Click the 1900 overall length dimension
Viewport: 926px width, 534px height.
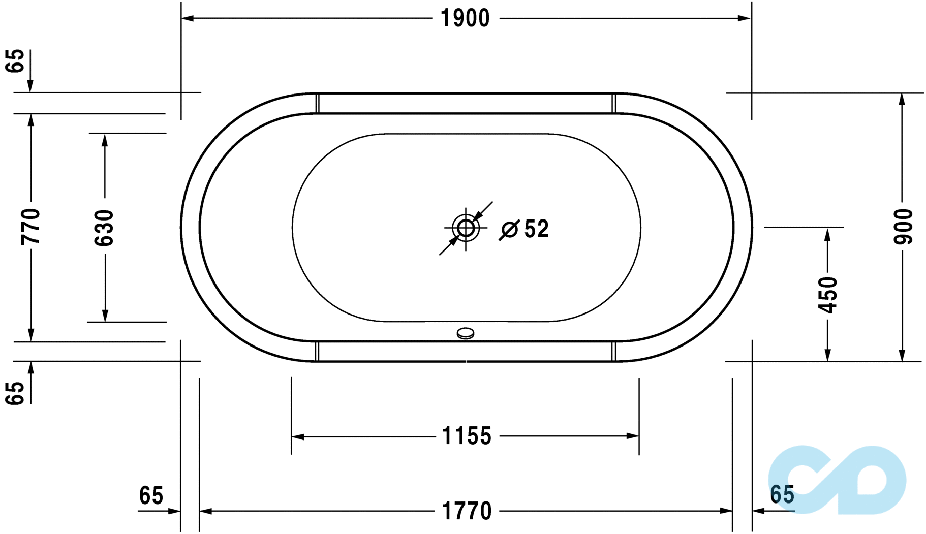click(465, 19)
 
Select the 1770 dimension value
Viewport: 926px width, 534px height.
click(467, 511)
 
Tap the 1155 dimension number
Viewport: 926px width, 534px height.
click(467, 436)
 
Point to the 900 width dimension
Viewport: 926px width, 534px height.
click(903, 227)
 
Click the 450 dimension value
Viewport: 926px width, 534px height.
click(828, 295)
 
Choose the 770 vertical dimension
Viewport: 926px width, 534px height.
click(31, 227)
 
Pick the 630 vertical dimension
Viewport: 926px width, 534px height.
click(105, 228)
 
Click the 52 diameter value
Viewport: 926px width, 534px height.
click(536, 229)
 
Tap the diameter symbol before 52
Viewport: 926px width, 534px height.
click(509, 230)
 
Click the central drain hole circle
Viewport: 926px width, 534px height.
click(466, 228)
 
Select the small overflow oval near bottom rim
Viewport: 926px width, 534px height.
click(466, 333)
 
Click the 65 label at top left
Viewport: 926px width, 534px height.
click(15, 61)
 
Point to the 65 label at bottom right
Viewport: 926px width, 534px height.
click(782, 495)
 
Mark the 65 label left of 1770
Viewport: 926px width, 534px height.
click(151, 496)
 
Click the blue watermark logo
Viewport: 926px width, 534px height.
click(837, 480)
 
